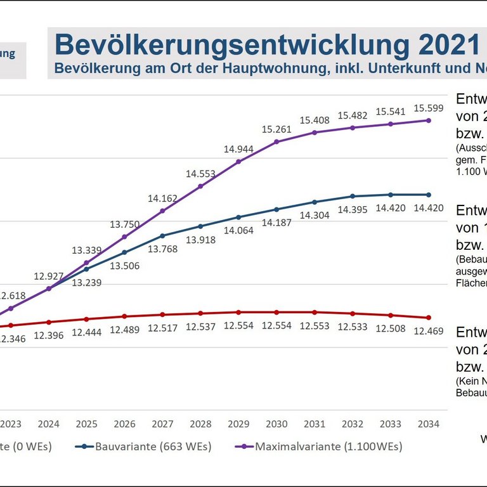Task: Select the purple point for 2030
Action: pyautogui.click(x=276, y=141)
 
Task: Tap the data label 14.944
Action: pyautogui.click(x=238, y=150)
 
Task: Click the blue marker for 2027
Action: pyautogui.click(x=162, y=236)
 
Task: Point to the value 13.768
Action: pyautogui.click(x=162, y=249)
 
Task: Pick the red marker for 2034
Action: pyautogui.click(x=429, y=318)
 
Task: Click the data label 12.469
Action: pyautogui.click(x=429, y=331)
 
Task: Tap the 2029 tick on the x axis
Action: pyautogui.click(x=238, y=424)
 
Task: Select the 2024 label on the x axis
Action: pyautogui.click(x=49, y=424)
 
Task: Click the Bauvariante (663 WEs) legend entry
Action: pyautogui.click(x=153, y=446)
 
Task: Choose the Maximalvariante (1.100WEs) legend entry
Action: pyautogui.click(x=328, y=446)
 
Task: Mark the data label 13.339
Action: pyautogui.click(x=86, y=250)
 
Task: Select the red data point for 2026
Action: pyautogui.click(x=124, y=316)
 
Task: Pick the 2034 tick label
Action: pyautogui.click(x=429, y=424)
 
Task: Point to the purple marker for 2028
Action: pyautogui.click(x=200, y=186)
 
